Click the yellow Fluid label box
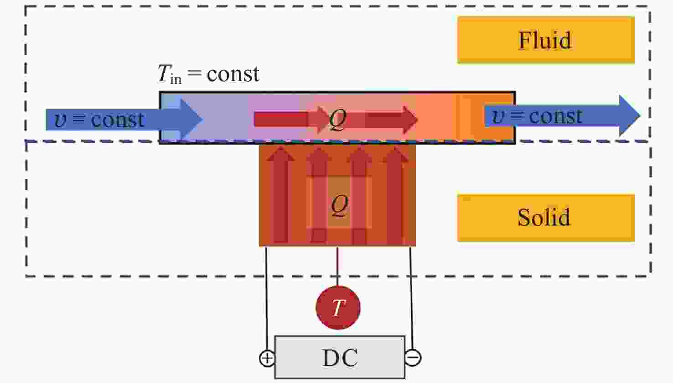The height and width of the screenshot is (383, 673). click(545, 40)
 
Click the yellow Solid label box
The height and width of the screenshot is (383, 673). click(545, 217)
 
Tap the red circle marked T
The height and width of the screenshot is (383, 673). click(338, 308)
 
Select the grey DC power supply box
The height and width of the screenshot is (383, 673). click(340, 357)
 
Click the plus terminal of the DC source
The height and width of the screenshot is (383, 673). click(267, 358)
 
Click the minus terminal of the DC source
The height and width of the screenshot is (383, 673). click(413, 358)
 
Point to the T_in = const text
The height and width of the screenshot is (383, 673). click(208, 74)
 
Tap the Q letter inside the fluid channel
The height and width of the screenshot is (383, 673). click(338, 120)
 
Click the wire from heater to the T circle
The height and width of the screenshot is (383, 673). click(337, 267)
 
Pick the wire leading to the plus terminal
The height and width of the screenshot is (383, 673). click(266, 297)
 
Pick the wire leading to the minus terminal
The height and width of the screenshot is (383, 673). click(411, 297)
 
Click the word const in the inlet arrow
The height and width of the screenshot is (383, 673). click(118, 120)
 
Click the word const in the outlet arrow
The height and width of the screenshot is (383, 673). click(555, 116)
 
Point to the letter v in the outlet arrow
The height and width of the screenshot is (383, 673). click(498, 116)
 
